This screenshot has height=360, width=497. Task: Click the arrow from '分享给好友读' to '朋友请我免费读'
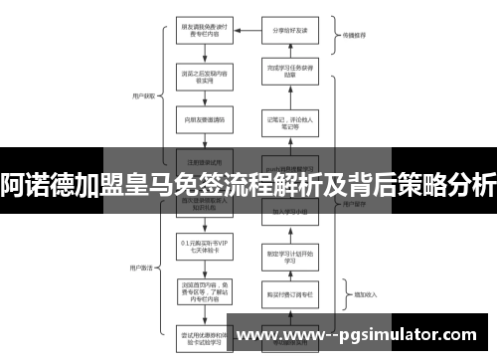[245, 29]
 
